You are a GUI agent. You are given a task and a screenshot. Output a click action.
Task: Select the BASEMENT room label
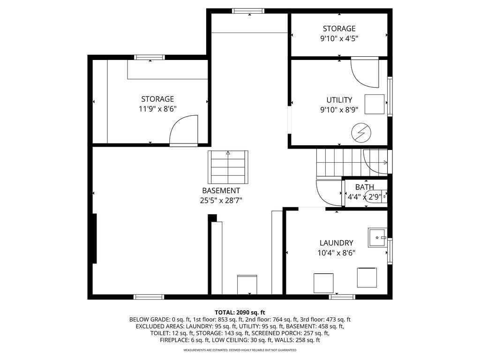pyautogui.click(x=221, y=191)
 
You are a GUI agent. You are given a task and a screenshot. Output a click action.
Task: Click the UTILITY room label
pyautogui.click(x=339, y=100)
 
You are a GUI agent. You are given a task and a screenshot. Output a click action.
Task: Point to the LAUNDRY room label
pyautogui.click(x=336, y=243)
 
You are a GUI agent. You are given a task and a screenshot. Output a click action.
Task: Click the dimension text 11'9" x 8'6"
pyautogui.click(x=157, y=109)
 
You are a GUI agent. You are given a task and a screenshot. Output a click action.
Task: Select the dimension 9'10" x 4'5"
pyautogui.click(x=339, y=38)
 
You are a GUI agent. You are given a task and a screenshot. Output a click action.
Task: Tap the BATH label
pyautogui.click(x=364, y=187)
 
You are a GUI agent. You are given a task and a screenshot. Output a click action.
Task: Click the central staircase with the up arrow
pyautogui.click(x=228, y=167)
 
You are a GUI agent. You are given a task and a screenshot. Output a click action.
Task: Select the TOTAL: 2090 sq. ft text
pyautogui.click(x=240, y=312)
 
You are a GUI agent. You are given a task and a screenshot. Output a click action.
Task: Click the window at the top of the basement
pyautogui.click(x=248, y=11)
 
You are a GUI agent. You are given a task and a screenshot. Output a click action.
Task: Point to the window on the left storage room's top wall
pyautogui.click(x=150, y=57)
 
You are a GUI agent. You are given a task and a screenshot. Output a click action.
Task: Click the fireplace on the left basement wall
pyautogui.click(x=95, y=238)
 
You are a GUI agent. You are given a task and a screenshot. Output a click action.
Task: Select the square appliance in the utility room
pyautogui.click(x=375, y=104)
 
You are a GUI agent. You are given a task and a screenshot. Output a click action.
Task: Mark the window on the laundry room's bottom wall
pyautogui.click(x=342, y=297)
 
